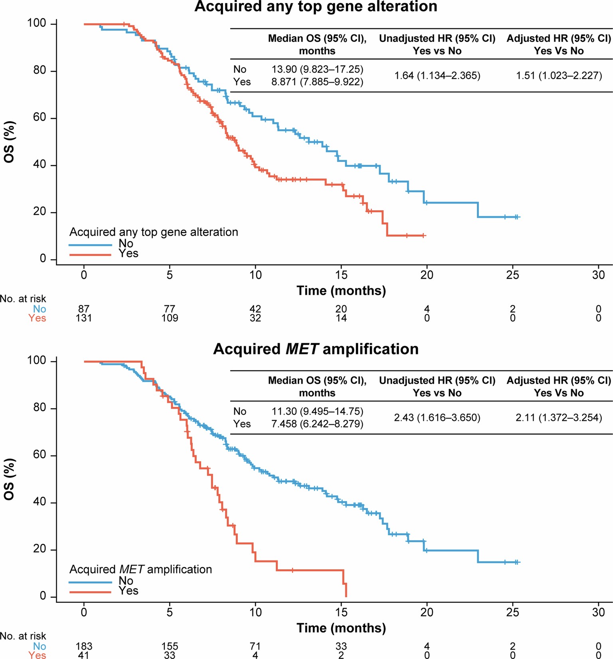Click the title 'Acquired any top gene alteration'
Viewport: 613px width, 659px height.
click(315, 7)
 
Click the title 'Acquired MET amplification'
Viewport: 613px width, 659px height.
click(315, 349)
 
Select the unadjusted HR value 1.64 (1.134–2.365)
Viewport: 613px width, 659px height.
click(437, 75)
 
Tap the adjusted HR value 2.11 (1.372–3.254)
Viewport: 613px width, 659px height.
click(559, 418)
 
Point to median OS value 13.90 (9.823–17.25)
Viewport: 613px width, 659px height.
click(317, 69)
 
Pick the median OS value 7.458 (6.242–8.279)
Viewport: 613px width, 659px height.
click(317, 424)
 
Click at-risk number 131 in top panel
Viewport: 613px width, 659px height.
click(84, 318)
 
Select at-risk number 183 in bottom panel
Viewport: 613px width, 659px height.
click(84, 646)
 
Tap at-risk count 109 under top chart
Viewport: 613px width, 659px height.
click(170, 318)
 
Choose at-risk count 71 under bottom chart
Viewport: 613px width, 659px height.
click(255, 646)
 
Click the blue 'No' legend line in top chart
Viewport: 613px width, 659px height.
click(90, 245)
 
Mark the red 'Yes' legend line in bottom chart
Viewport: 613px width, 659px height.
click(90, 592)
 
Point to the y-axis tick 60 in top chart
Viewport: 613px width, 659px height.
click(40, 118)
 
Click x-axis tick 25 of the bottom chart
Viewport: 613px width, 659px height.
click(512, 612)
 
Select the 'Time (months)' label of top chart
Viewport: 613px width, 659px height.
click(341, 290)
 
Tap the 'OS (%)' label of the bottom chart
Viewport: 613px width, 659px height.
click(9, 479)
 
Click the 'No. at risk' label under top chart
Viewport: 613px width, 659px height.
click(23, 299)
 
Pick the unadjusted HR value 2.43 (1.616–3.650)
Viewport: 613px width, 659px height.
click(437, 418)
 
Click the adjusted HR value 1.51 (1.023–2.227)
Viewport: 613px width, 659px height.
click(559, 75)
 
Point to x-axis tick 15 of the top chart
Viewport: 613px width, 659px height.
click(341, 275)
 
